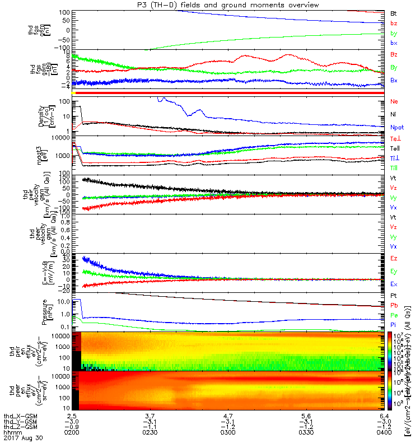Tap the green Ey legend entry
[394, 271]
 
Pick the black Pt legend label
[393, 296]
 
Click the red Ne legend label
[394, 102]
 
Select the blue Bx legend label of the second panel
[394, 81]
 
